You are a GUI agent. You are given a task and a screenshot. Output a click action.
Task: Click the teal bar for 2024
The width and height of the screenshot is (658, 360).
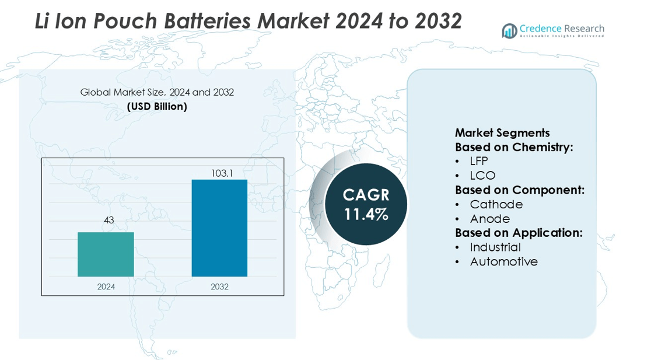pos(106,254)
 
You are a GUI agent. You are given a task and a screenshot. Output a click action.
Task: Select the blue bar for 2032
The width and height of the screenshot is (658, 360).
pos(219,228)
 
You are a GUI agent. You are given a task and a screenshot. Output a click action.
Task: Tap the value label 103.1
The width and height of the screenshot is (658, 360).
pos(219,173)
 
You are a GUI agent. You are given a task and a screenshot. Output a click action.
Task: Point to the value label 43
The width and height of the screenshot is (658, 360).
pos(108,220)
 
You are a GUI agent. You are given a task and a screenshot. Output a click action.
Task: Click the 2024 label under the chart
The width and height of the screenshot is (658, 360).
pos(106,286)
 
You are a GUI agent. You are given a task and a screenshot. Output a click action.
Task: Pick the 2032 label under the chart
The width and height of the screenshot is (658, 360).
pos(219,286)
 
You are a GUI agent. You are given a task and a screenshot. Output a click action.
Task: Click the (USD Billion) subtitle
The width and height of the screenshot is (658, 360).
pos(157,106)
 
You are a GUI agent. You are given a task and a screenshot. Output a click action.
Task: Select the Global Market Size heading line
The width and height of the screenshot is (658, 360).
pos(157,92)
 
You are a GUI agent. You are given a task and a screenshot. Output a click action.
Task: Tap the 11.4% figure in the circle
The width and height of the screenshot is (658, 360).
pos(366,214)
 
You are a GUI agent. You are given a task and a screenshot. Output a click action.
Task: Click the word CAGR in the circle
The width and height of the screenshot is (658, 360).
pos(366,195)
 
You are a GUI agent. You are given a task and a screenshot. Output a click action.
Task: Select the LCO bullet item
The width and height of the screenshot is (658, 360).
pos(482,176)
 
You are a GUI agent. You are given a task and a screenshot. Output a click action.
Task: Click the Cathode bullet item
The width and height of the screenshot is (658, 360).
pos(496,204)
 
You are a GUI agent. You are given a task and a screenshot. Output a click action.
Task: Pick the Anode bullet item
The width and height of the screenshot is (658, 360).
pos(490,219)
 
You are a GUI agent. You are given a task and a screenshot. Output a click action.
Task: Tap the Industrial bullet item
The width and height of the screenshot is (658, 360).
pos(495,247)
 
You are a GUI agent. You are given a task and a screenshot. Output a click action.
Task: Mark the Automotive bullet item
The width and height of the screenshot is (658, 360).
pos(503,261)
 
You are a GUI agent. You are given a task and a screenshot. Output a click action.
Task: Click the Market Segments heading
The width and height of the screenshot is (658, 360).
pos(502,133)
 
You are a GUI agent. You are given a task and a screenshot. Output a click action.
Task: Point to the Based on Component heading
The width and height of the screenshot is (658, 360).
pos(520,190)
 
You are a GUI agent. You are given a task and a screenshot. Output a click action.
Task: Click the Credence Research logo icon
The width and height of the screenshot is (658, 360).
pos(509,30)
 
